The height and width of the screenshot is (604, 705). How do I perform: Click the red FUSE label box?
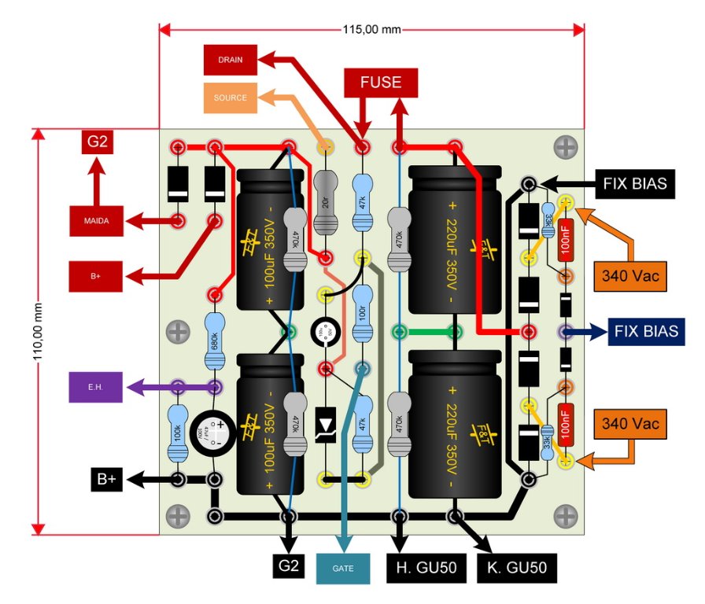381,83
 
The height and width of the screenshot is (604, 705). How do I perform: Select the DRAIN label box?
231,60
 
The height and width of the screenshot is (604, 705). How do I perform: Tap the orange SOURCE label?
231,98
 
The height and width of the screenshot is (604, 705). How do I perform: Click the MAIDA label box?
95,222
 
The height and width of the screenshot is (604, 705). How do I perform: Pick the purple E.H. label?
95,387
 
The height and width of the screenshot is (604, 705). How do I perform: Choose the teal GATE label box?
343,567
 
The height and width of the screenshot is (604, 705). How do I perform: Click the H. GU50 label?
426,566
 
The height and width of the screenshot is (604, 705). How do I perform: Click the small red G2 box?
98,143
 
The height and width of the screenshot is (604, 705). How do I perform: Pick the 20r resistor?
324,202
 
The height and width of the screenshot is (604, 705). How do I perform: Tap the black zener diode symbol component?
325,425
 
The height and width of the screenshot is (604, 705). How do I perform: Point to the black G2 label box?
289,565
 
